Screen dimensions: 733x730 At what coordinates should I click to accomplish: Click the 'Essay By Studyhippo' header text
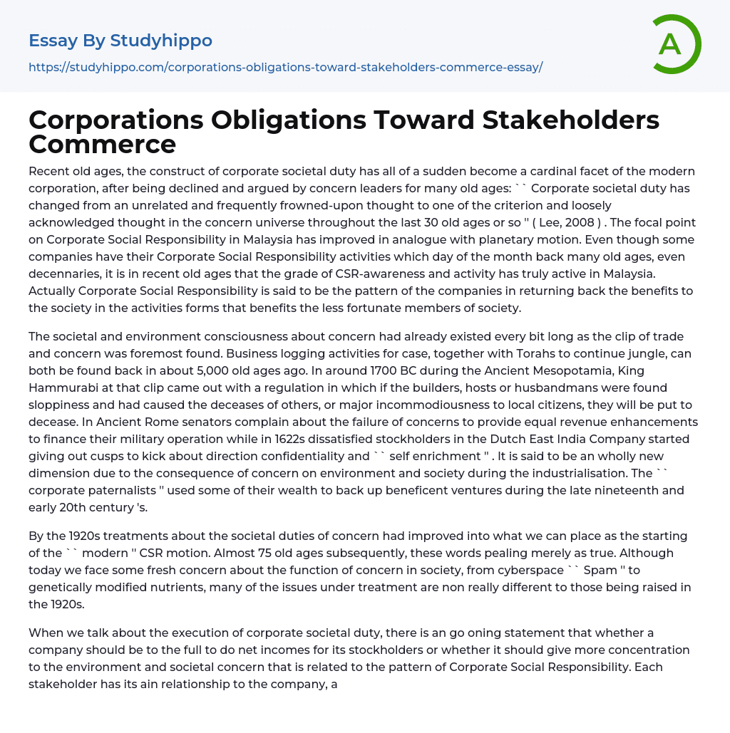pyautogui.click(x=120, y=41)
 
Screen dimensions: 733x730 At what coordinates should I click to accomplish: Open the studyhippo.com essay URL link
pyautogui.click(x=285, y=67)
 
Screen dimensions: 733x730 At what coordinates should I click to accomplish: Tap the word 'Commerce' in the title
pyautogui.click(x=102, y=144)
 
